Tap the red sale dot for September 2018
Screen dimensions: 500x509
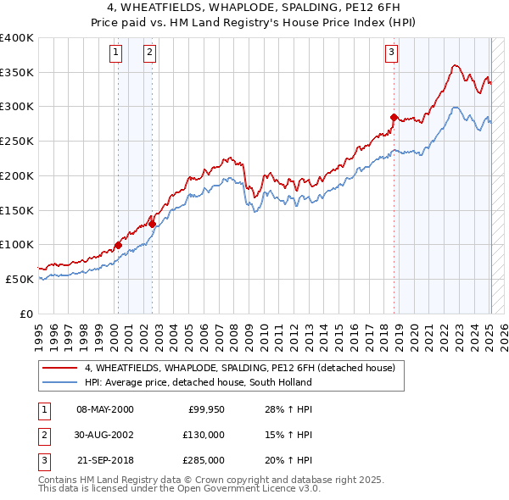394,117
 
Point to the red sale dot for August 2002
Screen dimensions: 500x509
152,224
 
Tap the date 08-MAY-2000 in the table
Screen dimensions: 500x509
104,409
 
